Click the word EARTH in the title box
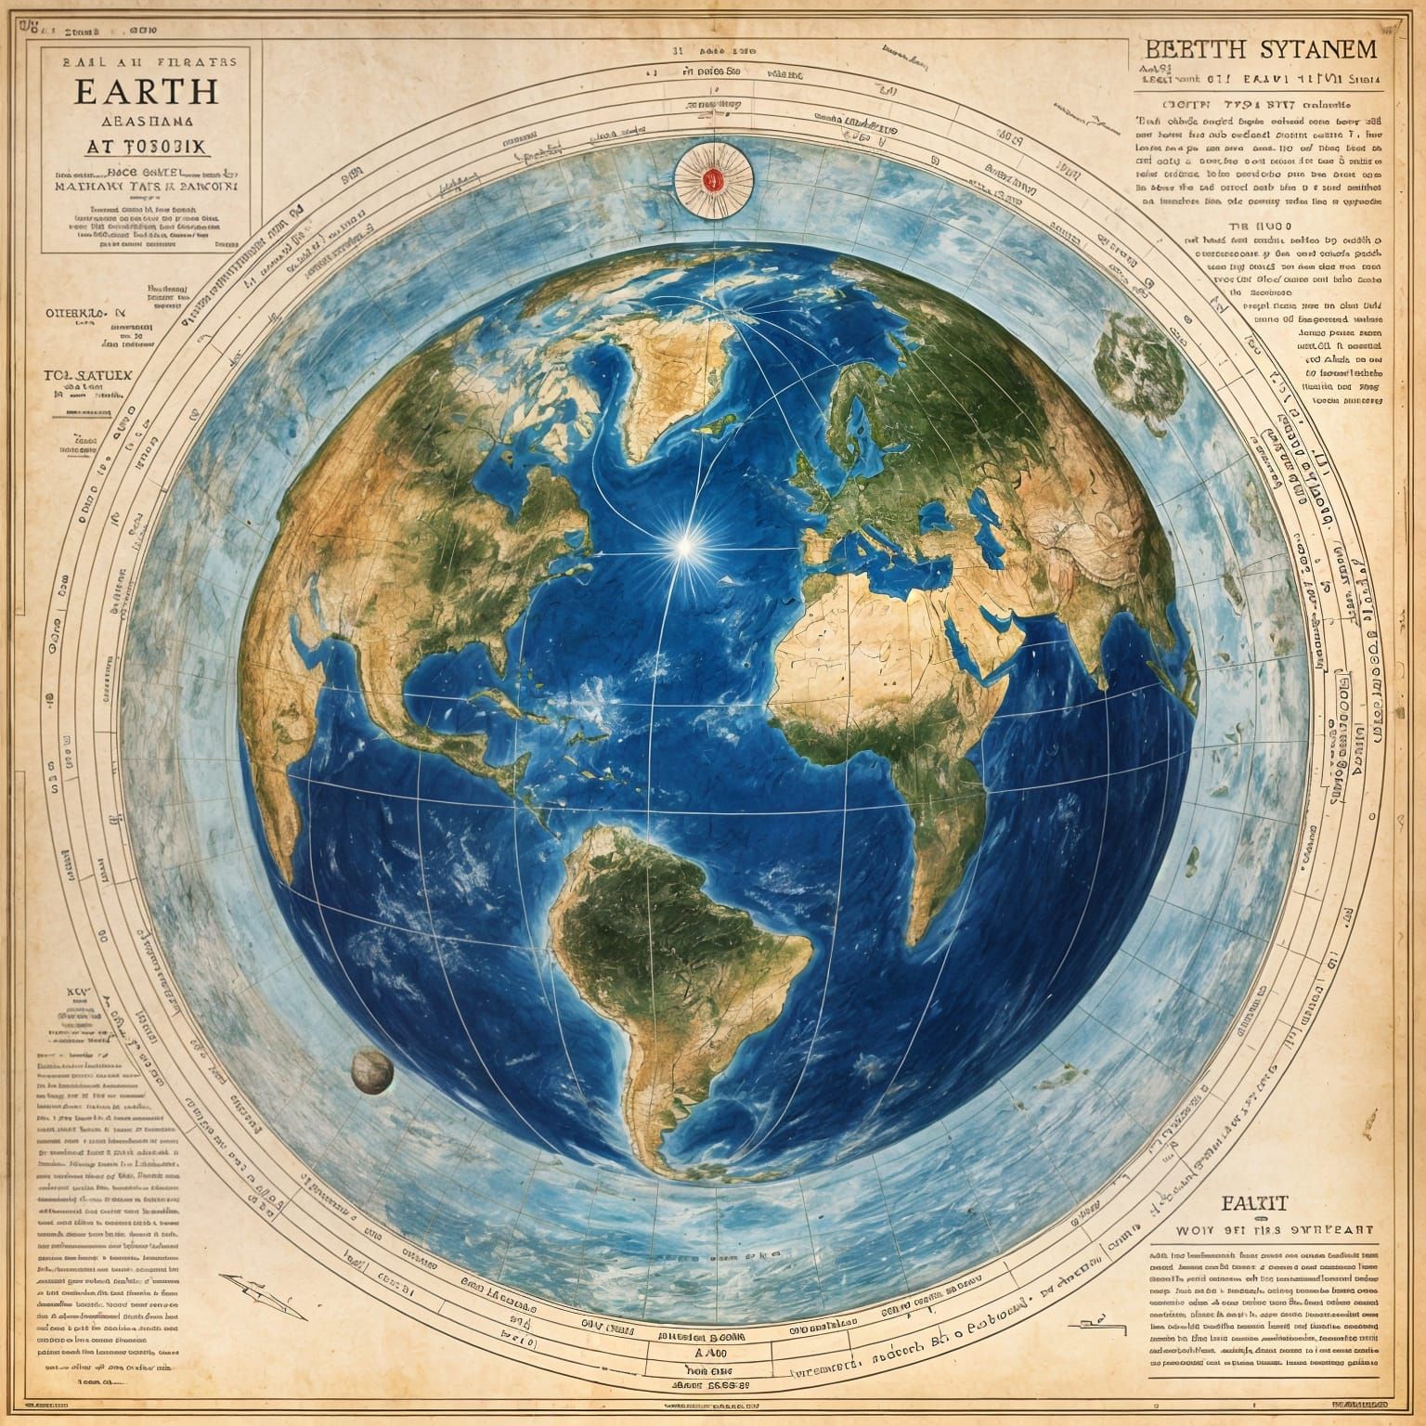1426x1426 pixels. tap(149, 91)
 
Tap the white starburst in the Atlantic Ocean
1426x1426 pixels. tap(685, 547)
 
